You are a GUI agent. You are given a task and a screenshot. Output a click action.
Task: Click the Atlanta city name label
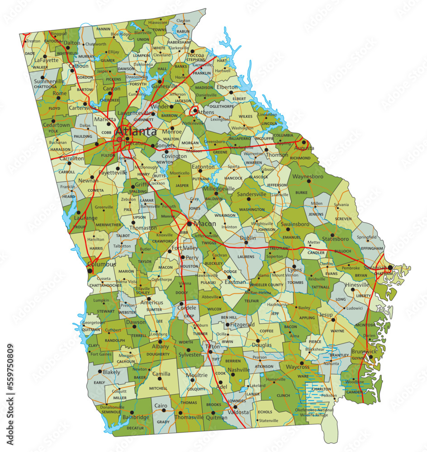[x=136, y=132]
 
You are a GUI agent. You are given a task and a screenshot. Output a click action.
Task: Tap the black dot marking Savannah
[x=390, y=268]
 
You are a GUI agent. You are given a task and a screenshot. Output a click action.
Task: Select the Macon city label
[x=204, y=224]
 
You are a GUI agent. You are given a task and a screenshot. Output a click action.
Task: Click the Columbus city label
[x=101, y=264]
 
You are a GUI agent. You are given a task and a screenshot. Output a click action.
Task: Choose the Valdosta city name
[x=238, y=412]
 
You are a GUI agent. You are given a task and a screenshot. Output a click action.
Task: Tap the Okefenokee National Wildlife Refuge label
[x=314, y=412]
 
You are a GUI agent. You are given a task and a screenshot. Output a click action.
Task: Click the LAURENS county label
[x=246, y=257]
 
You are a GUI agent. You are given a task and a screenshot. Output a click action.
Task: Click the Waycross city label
[x=297, y=367]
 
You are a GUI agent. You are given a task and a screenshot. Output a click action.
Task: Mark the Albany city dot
[x=160, y=341]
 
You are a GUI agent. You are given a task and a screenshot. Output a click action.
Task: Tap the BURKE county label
[x=301, y=193]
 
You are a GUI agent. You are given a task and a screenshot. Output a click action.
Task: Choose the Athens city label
[x=206, y=112]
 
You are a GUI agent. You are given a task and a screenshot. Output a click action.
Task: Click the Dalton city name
[x=71, y=43]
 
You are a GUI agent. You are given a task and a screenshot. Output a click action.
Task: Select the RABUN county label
[x=183, y=31]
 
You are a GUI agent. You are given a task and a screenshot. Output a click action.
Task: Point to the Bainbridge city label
[x=135, y=417]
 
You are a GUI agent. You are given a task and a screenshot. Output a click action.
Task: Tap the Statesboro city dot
[x=332, y=235]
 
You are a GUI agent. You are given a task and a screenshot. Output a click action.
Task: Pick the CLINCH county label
[x=283, y=395]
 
